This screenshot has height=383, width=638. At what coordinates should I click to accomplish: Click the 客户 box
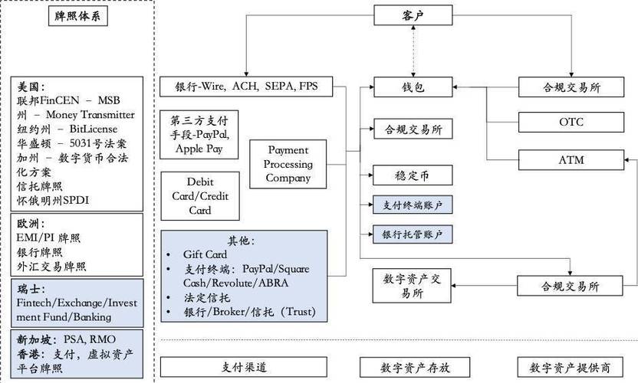tap(413, 15)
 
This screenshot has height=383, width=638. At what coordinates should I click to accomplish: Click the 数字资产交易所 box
tap(413, 286)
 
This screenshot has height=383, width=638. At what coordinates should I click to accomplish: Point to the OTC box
tap(571, 121)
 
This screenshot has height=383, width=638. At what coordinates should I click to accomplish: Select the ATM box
tap(571, 159)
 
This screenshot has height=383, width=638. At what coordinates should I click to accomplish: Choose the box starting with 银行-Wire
tap(246, 86)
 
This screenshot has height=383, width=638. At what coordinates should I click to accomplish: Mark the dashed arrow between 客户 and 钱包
tap(413, 51)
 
